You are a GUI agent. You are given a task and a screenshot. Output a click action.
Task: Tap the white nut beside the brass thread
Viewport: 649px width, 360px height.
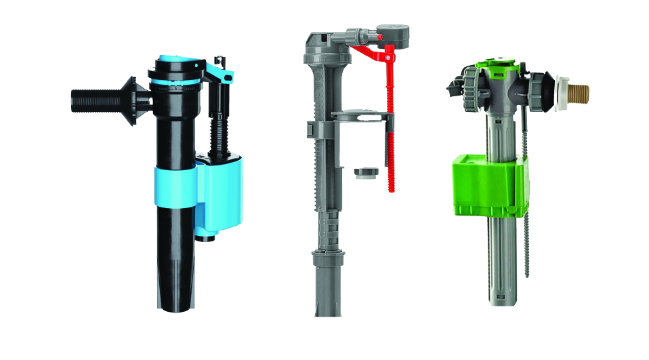coord(559,95)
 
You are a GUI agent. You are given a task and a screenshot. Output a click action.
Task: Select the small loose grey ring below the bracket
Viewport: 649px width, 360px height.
coord(364,175)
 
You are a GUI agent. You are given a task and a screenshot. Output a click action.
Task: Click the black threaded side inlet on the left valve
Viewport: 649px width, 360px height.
coord(96,100)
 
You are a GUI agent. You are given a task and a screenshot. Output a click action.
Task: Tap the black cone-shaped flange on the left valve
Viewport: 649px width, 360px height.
coord(134,100)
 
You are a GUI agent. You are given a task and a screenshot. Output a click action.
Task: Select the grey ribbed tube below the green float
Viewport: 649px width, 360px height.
coord(502,258)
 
